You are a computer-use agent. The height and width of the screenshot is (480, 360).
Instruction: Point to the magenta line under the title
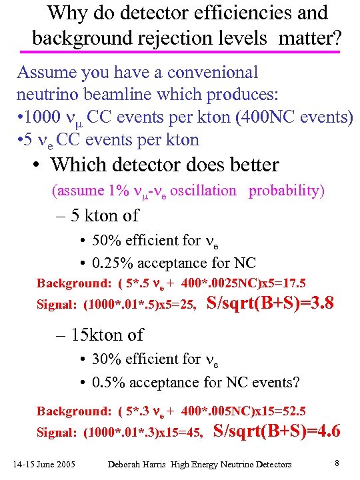point(180,51)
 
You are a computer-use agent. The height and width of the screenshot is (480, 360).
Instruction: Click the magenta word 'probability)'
point(287,191)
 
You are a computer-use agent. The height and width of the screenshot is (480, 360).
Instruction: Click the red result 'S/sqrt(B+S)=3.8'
point(269,304)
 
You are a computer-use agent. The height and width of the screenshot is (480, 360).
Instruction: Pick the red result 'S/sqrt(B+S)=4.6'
point(276,431)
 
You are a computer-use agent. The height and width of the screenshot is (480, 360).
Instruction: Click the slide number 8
point(337,462)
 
